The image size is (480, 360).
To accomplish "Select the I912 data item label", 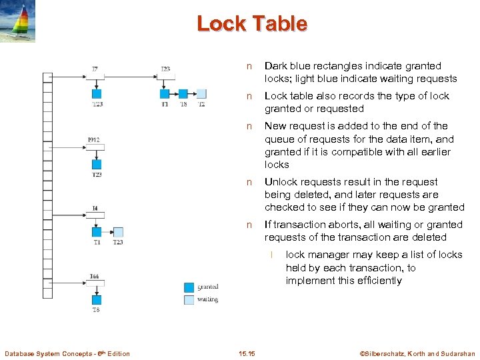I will pyautogui.click(x=94, y=139).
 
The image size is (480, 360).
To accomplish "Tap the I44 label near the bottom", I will pyautogui.click(x=95, y=276).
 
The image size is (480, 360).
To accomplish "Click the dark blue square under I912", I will pyautogui.click(x=97, y=164).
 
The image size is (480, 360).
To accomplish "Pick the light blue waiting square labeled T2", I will pyautogui.click(x=201, y=94).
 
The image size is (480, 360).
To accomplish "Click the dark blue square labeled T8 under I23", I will pyautogui.click(x=183, y=94).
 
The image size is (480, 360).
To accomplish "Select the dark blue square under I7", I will pyautogui.click(x=97, y=94).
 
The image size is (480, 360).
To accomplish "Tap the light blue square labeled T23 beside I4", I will pyautogui.click(x=118, y=232).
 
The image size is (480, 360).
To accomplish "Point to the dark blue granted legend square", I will pyautogui.click(x=189, y=287).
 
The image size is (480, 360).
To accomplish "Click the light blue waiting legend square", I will pyautogui.click(x=189, y=299).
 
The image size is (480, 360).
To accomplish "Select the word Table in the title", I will pyautogui.click(x=280, y=24).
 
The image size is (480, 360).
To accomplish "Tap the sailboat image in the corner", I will pyautogui.click(x=18, y=21).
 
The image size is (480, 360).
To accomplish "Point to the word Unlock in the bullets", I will pyautogui.click(x=281, y=182).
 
